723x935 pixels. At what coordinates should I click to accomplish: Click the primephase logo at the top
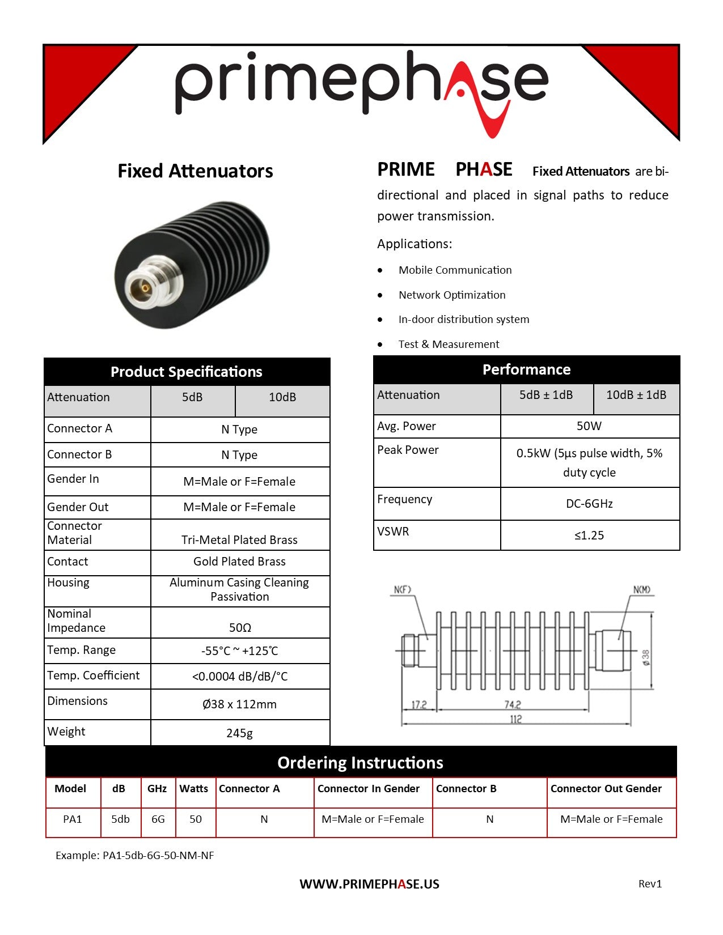[361, 85]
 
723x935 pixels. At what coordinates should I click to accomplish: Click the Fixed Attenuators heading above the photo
[195, 171]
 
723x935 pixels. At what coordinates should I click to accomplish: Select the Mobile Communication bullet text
[455, 270]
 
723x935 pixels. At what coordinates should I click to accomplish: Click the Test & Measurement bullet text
[449, 345]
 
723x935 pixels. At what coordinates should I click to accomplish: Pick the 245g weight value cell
[239, 733]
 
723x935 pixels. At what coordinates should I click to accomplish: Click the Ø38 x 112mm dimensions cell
[239, 704]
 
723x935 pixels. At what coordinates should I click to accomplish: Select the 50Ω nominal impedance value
[240, 628]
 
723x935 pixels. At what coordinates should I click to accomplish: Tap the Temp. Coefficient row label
[94, 675]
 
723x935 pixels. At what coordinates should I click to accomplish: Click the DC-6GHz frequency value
[589, 504]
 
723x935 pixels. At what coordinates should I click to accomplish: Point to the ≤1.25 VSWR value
[589, 535]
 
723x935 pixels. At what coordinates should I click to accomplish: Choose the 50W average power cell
[589, 426]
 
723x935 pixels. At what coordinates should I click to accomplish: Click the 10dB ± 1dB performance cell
[636, 395]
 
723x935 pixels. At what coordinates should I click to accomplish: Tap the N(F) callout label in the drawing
[402, 590]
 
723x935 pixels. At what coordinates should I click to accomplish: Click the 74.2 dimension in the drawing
[513, 704]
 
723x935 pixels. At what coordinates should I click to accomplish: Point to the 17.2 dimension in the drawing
[418, 704]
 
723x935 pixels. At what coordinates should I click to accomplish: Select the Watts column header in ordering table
[194, 789]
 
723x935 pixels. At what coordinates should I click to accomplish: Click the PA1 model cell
[73, 819]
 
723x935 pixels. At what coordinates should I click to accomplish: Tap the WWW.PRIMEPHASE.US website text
[369, 885]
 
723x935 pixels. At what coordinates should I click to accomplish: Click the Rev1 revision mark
[650, 884]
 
